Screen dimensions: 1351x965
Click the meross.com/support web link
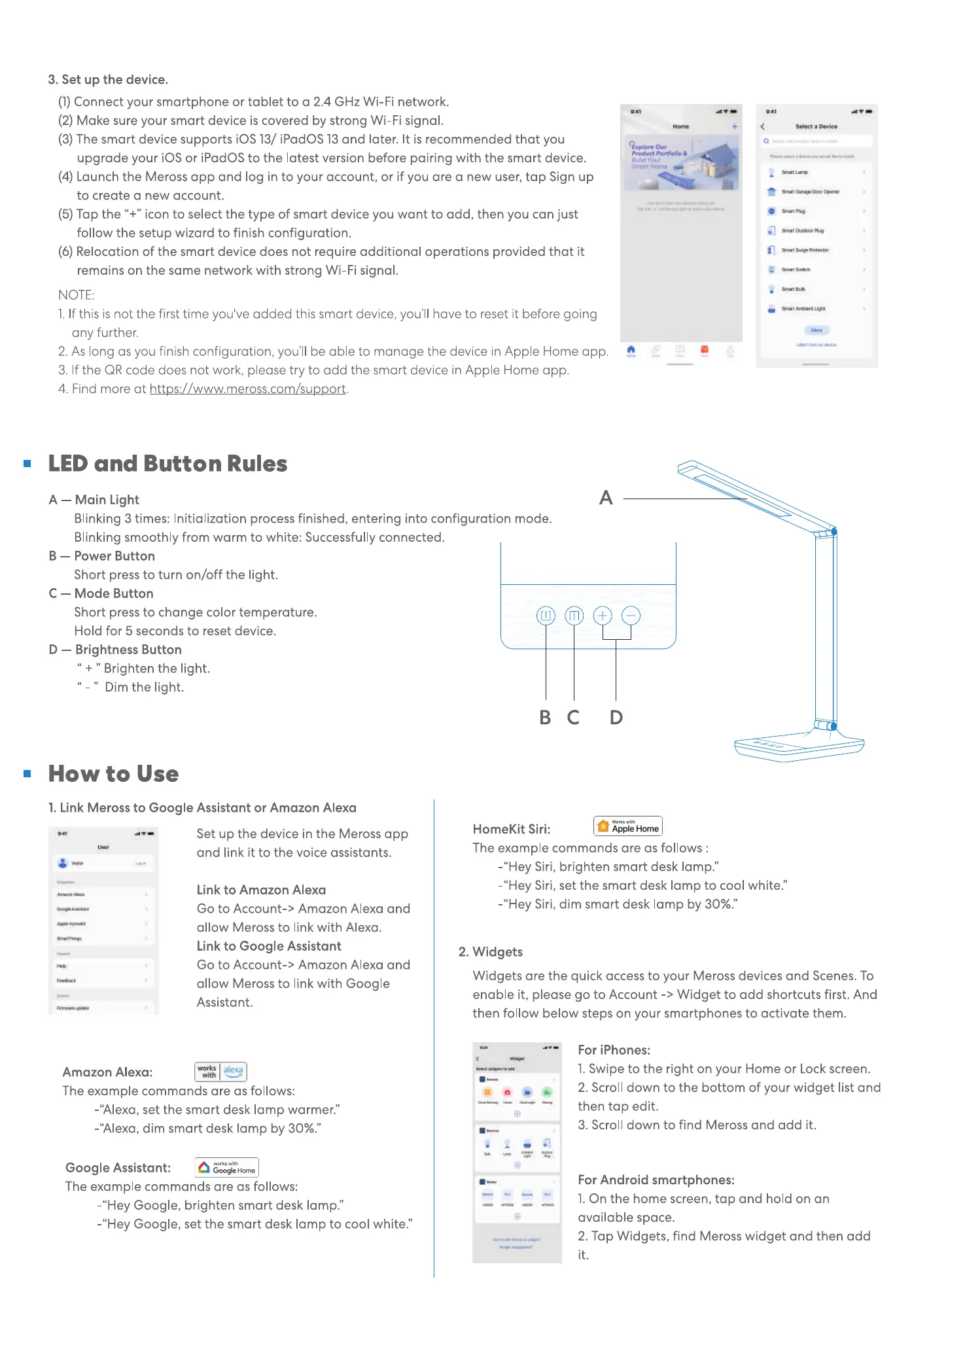point(248,389)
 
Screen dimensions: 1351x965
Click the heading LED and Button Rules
point(167,464)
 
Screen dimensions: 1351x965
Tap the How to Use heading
point(113,774)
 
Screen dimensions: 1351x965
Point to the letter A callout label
point(606,499)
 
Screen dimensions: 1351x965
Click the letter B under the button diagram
point(545,718)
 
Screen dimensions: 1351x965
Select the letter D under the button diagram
point(616,718)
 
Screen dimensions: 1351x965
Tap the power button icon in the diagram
point(546,616)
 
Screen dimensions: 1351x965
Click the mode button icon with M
point(574,616)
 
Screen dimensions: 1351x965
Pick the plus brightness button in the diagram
point(603,616)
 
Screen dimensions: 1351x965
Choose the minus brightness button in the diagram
point(631,616)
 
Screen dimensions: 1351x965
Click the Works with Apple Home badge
point(628,826)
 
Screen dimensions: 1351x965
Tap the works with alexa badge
point(221,1071)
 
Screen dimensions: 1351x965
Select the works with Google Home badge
point(227,1167)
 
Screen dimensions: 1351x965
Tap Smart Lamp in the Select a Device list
point(795,173)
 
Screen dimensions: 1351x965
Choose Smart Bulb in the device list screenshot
point(794,289)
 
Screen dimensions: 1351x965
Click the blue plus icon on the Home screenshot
point(734,127)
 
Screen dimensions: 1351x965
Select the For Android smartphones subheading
point(656,1180)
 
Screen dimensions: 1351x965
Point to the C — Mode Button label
point(101,593)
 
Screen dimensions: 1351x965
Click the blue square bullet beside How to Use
point(27,773)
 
